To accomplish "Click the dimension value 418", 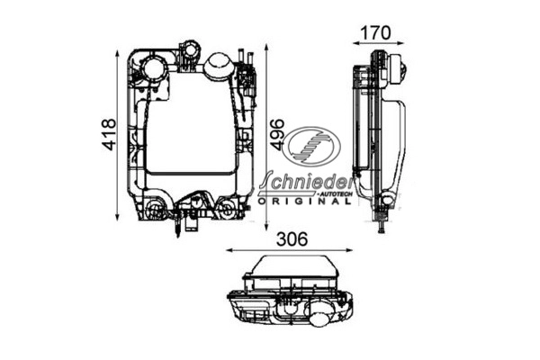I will click(x=108, y=135).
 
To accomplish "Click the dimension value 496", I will click(x=277, y=135).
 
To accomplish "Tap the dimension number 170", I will click(x=374, y=33).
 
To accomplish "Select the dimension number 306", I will click(x=291, y=239).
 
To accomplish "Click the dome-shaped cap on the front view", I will click(x=219, y=66).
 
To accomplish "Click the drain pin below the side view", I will click(x=384, y=225).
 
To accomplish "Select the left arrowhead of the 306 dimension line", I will click(x=228, y=251).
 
